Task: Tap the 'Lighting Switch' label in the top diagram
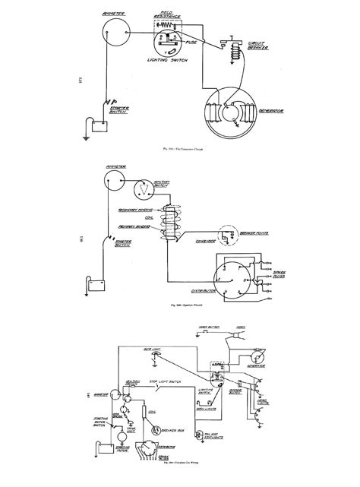point(166,58)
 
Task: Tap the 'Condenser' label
point(199,245)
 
